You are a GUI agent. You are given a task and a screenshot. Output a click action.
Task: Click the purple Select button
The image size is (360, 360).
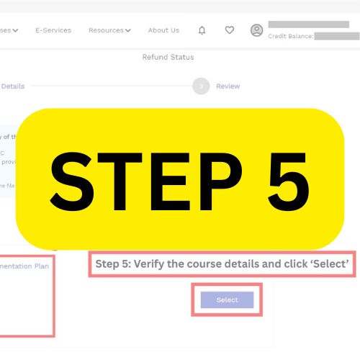(227, 300)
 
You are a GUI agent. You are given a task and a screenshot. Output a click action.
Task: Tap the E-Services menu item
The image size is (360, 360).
(53, 30)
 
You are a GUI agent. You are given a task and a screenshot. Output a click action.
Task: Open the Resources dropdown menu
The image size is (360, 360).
(109, 30)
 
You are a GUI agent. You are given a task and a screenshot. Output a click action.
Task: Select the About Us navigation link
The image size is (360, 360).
(163, 30)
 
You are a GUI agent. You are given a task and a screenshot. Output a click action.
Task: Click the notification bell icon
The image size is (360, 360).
(202, 30)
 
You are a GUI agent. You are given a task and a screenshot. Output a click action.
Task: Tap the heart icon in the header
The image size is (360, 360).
(229, 30)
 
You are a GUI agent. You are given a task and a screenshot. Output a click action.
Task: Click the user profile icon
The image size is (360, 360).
(256, 30)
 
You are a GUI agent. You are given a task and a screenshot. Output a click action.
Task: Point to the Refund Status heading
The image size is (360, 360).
(168, 58)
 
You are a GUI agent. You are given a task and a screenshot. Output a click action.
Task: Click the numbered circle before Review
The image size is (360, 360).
(201, 86)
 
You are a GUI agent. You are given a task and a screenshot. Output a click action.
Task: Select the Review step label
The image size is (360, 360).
(228, 86)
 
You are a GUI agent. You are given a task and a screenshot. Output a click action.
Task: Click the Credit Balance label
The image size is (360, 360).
(290, 36)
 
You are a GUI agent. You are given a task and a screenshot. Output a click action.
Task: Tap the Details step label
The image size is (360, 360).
(12, 86)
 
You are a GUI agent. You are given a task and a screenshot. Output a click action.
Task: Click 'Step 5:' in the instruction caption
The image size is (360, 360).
(113, 264)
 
